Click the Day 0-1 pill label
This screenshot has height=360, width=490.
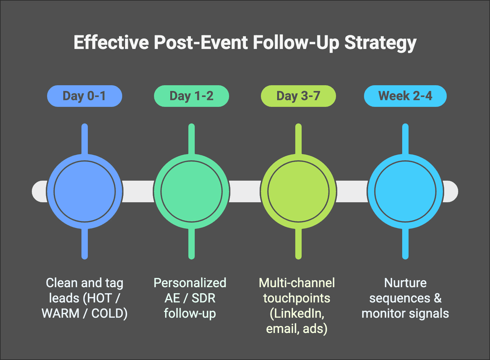click(84, 96)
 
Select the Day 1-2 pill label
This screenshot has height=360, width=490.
click(192, 96)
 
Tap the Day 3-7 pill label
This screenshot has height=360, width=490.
click(298, 96)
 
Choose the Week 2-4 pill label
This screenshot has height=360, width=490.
click(405, 96)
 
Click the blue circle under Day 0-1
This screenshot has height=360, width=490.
click(85, 191)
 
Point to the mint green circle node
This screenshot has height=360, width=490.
click(192, 191)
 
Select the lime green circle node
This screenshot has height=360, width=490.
click(298, 191)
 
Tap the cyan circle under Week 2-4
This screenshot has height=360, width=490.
click(405, 191)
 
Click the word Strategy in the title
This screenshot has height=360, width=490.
click(381, 43)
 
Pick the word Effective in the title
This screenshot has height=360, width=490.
click(111, 42)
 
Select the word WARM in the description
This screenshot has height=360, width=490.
click(60, 313)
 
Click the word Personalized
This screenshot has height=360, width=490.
click(190, 283)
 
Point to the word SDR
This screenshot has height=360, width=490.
click(203, 298)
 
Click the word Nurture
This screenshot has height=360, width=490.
click(405, 283)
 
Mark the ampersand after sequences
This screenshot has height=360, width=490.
click(438, 298)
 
